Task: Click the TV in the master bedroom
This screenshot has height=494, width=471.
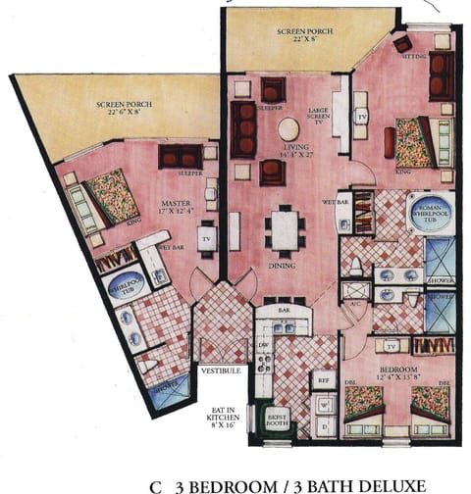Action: click(x=207, y=238)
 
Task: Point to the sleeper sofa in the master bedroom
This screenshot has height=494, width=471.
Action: click(x=180, y=155)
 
